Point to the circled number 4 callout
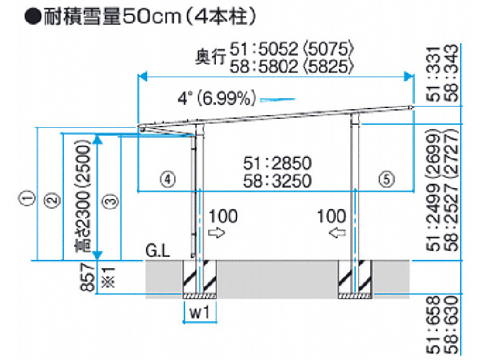pyautogui.click(x=168, y=179)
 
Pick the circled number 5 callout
pyautogui.click(x=387, y=179)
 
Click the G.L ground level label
pyautogui.click(x=157, y=251)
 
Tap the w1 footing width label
pyautogui.click(x=200, y=313)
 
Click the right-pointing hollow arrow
pyautogui.click(x=216, y=233)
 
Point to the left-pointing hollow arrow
pyautogui.click(x=337, y=233)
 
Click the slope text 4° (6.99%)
pyautogui.click(x=216, y=98)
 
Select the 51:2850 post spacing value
pyautogui.click(x=277, y=163)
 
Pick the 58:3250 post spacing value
pyautogui.click(x=277, y=181)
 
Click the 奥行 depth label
pyautogui.click(x=211, y=57)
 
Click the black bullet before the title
pyautogui.click(x=33, y=16)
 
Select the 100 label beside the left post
pyautogui.click(x=223, y=216)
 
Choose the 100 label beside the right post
pyautogui.click(x=332, y=216)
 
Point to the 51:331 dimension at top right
pyautogui.click(x=434, y=74)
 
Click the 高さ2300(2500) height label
pyautogui.click(x=83, y=196)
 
